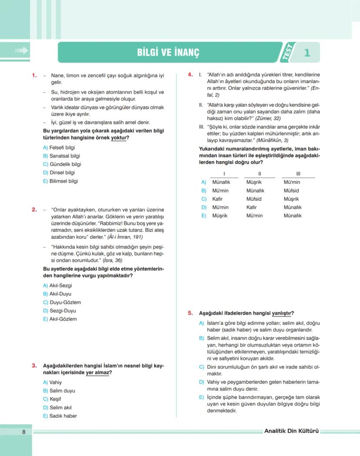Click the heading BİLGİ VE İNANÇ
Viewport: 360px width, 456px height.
click(x=168, y=53)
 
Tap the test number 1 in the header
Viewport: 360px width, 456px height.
click(x=307, y=53)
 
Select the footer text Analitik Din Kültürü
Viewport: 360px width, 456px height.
click(x=291, y=431)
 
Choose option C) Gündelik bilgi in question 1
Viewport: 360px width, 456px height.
click(x=62, y=164)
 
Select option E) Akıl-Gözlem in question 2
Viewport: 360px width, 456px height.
click(x=60, y=319)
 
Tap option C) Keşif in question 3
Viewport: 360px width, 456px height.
click(x=52, y=399)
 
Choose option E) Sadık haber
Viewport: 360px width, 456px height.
click(x=60, y=416)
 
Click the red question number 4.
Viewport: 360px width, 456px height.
click(x=190, y=74)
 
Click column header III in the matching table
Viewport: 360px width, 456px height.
click(x=298, y=174)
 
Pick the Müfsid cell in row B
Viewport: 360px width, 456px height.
click(x=291, y=191)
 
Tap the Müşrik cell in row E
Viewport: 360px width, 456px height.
click(x=220, y=216)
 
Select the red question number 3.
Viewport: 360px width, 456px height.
click(x=34, y=366)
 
